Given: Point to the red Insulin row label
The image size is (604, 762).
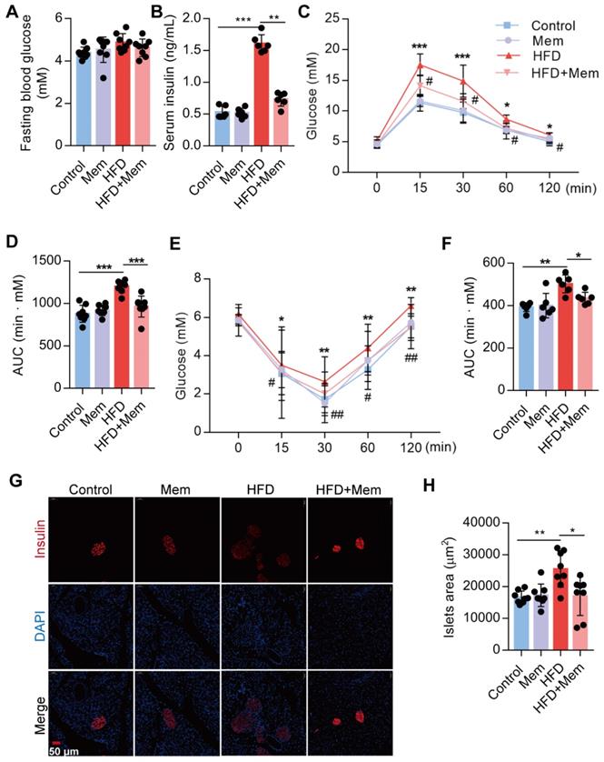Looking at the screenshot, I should [x=16, y=544].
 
